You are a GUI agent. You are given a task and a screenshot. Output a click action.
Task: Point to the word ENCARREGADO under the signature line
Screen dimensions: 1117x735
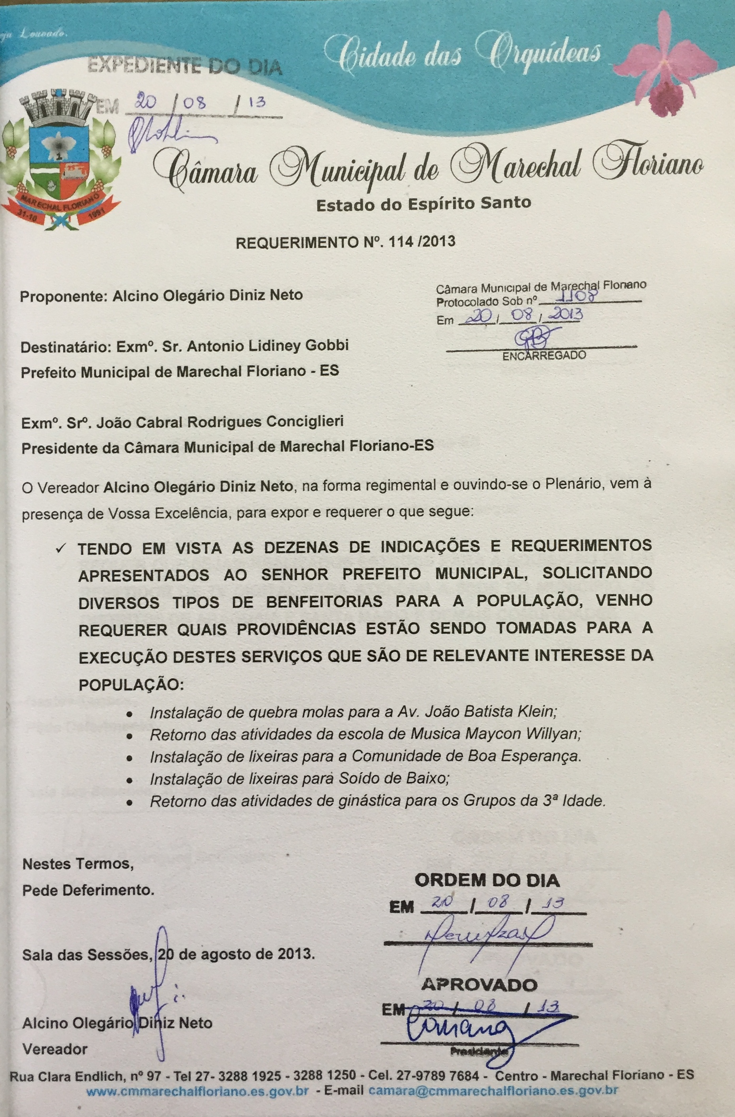coord(544,355)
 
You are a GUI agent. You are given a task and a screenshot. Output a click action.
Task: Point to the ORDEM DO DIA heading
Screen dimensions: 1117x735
coord(487,880)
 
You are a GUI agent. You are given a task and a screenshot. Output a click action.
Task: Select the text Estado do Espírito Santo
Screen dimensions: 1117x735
coord(424,204)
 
